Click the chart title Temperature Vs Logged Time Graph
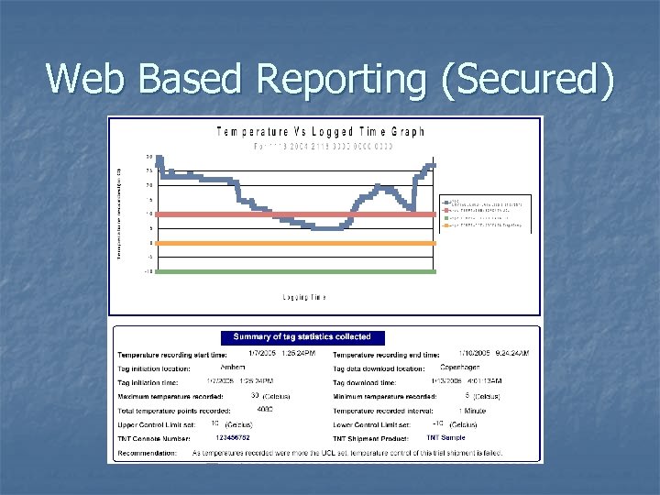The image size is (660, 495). pyautogui.click(x=321, y=131)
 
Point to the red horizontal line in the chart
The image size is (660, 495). pyautogui.click(x=293, y=214)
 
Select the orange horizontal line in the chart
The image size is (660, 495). pyautogui.click(x=293, y=243)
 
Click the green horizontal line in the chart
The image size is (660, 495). pyautogui.click(x=293, y=271)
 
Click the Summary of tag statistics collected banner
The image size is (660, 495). pyautogui.click(x=302, y=337)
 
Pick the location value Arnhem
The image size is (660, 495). pyautogui.click(x=233, y=367)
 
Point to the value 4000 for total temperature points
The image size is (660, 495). pyautogui.click(x=265, y=410)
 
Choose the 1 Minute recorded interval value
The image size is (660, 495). pyautogui.click(x=474, y=411)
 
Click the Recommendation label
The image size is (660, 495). pyautogui.click(x=148, y=453)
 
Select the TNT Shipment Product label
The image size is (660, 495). pyautogui.click(x=374, y=439)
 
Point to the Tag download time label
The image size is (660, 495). pyautogui.click(x=364, y=382)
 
